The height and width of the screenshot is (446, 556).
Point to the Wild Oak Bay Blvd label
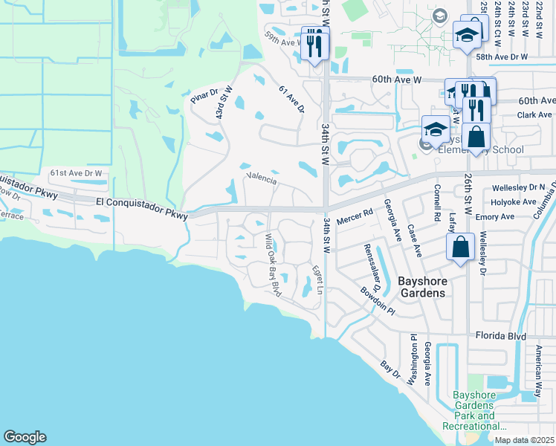click(x=273, y=265)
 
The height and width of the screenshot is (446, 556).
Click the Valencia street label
click(x=261, y=180)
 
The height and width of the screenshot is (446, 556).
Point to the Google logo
click(x=25, y=437)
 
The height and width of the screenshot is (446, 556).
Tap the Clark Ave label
click(x=535, y=115)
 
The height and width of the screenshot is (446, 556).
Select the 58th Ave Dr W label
click(x=502, y=56)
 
